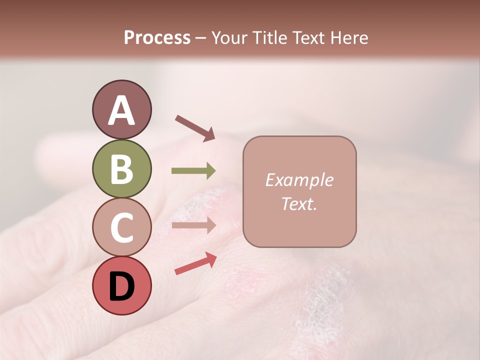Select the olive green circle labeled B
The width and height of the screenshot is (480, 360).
(121, 169)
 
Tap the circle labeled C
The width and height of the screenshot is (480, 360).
(121, 227)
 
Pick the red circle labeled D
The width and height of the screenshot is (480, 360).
(121, 285)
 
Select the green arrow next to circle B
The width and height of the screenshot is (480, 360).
(193, 171)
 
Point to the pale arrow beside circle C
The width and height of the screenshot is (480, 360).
(193, 225)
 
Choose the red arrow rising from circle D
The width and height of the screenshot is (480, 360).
(195, 263)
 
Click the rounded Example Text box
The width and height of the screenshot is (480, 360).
(299, 191)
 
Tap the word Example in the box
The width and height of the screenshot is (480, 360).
(299, 180)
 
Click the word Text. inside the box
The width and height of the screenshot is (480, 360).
(299, 203)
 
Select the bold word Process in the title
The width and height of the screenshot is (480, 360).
(157, 38)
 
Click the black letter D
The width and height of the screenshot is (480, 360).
(121, 286)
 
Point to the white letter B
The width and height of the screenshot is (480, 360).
(121, 169)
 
